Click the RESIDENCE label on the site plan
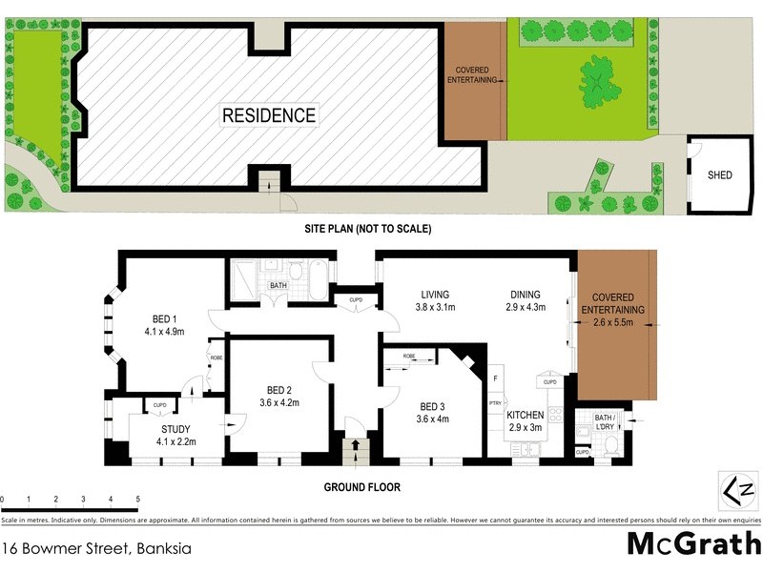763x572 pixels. pyautogui.click(x=269, y=115)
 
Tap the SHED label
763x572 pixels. pyautogui.click(x=720, y=175)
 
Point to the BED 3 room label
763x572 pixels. pyautogui.click(x=432, y=405)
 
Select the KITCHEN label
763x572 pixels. pyautogui.click(x=526, y=416)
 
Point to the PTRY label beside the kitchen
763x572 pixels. pyautogui.click(x=495, y=404)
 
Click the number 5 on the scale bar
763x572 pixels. pyautogui.click(x=138, y=499)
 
